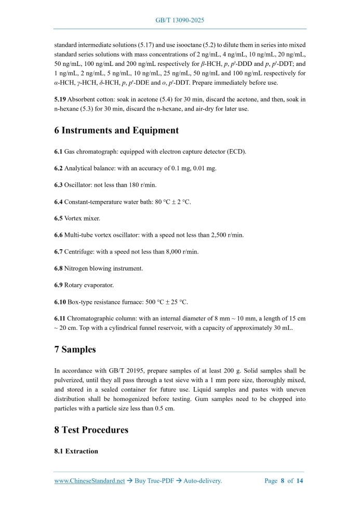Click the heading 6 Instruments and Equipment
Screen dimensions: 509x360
[116, 130]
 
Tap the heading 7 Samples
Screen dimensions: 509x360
[75, 349]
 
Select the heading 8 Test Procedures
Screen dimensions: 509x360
[91, 430]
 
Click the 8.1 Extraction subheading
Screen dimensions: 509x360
[76, 451]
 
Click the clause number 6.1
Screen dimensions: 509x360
[58, 152]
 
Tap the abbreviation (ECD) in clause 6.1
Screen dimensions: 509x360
[235, 152]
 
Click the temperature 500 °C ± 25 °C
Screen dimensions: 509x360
[164, 302]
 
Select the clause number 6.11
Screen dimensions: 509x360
[60, 318]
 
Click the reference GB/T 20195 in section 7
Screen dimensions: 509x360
[118, 371]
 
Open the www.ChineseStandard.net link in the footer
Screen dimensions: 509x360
[89, 481]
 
